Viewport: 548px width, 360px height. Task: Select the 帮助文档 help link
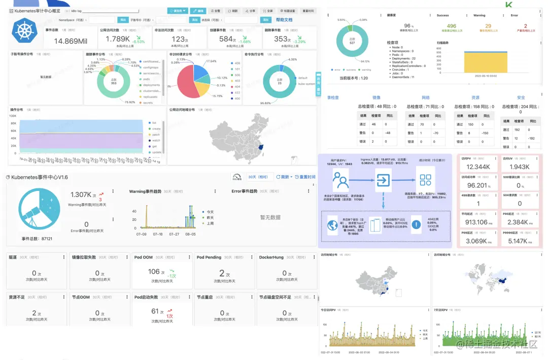(284, 20)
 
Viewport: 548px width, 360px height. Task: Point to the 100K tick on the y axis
(13, 116)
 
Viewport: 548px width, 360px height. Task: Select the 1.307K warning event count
(81, 195)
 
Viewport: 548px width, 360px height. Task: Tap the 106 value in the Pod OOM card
(154, 272)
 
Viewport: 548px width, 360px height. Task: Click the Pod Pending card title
(208, 257)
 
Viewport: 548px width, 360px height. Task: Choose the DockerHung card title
(271, 257)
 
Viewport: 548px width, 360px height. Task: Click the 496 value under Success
(451, 26)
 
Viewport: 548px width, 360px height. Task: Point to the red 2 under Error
(525, 26)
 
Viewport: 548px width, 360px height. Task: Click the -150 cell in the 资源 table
(487, 133)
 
